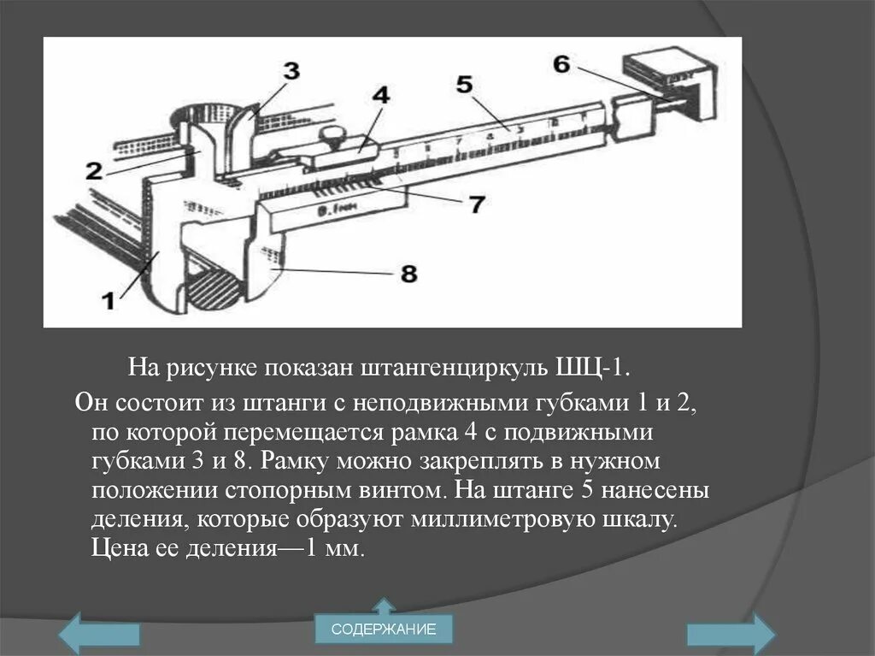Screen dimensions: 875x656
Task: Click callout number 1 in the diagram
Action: tap(109, 300)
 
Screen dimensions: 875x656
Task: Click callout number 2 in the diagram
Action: tap(94, 170)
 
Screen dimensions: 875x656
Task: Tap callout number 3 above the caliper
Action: tap(291, 71)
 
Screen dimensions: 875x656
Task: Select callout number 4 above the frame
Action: tap(380, 94)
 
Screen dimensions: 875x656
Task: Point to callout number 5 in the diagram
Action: tap(464, 84)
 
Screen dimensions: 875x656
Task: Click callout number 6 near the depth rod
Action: tap(561, 63)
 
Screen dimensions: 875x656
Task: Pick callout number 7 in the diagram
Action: tap(476, 204)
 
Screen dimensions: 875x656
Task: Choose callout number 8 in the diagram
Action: tap(408, 273)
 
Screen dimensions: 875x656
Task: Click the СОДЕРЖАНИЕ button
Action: tap(384, 630)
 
